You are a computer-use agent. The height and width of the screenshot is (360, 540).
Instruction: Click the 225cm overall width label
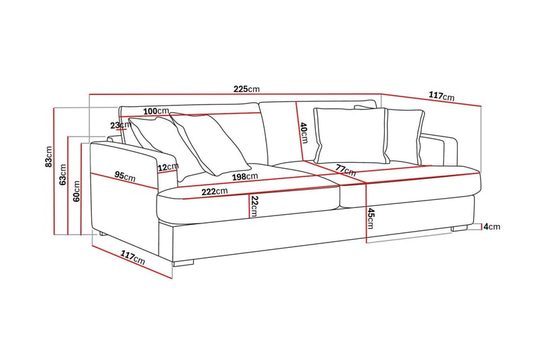coord(246,89)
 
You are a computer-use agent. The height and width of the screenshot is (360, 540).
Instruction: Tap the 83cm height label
coord(49,157)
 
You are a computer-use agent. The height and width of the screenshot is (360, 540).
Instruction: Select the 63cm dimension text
coord(63,175)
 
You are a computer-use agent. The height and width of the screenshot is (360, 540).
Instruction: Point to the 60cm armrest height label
coord(76,191)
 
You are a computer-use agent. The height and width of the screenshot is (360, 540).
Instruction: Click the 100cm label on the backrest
coord(156,111)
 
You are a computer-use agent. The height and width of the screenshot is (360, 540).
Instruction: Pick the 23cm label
coord(119,126)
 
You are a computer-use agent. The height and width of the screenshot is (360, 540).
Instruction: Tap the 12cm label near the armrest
coord(168,167)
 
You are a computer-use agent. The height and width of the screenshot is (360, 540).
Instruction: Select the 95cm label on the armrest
coord(125,176)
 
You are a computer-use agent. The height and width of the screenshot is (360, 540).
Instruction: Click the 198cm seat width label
coord(245,177)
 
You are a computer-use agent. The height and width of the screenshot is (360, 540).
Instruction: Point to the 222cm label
coord(215,192)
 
